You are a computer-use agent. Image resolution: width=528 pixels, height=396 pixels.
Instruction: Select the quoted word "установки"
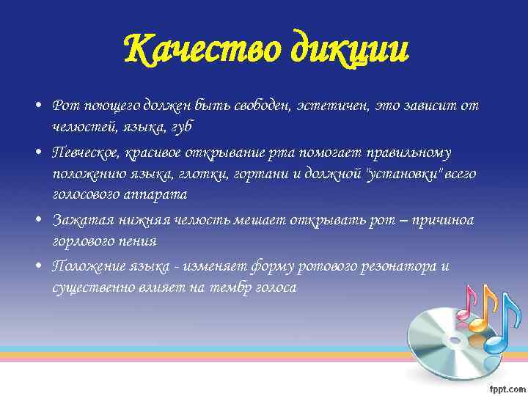tap(400, 173)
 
